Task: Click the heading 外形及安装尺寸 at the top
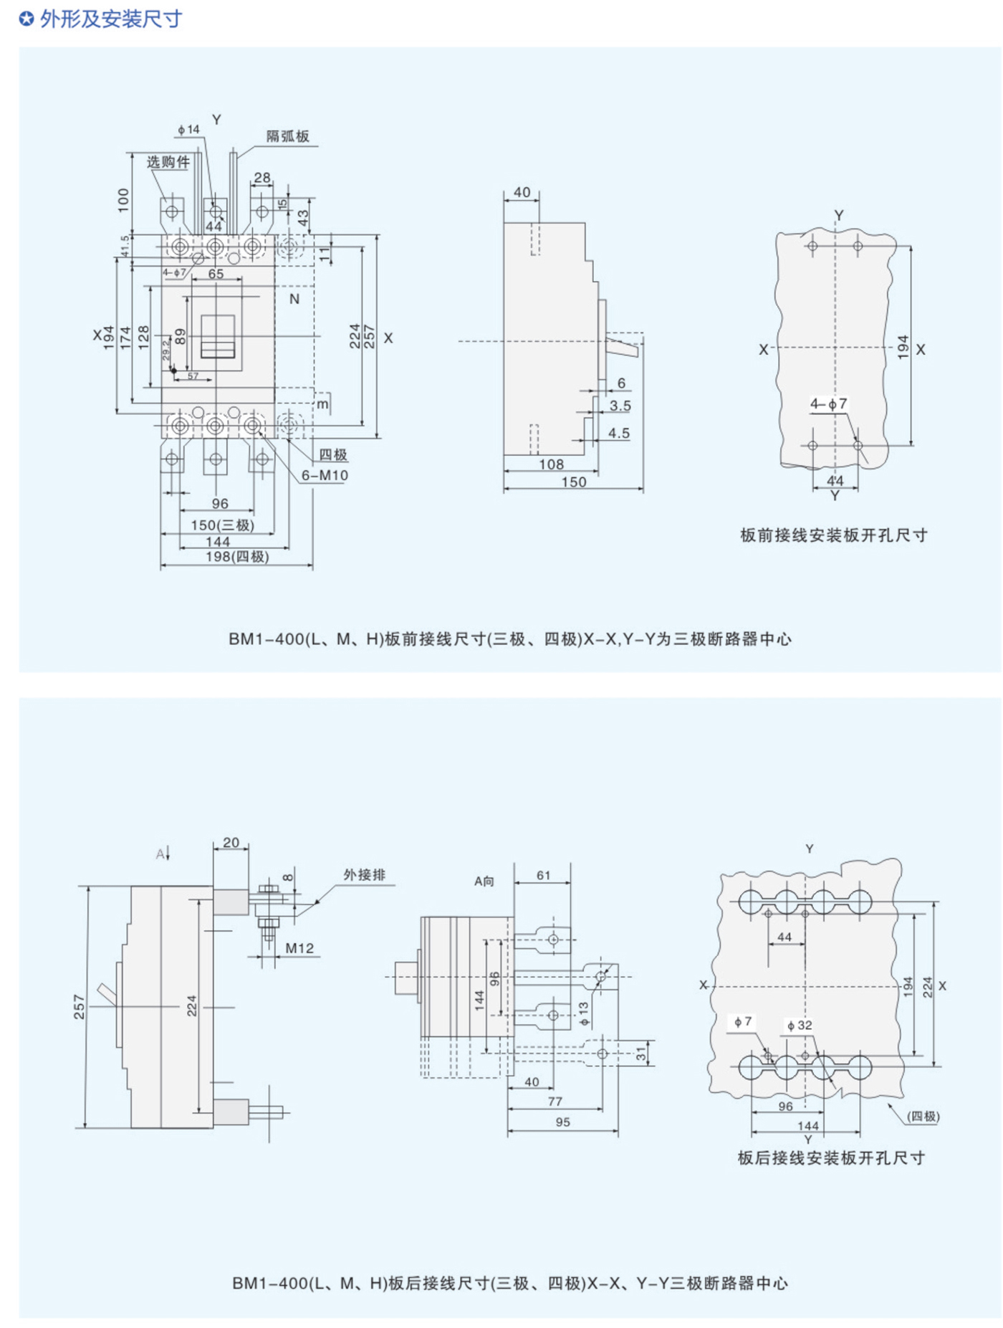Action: [x=110, y=19]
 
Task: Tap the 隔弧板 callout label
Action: [x=287, y=136]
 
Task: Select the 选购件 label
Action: [x=168, y=162]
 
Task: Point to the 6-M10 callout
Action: [x=325, y=475]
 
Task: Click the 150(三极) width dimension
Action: [x=222, y=525]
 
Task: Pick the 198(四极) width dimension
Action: [x=237, y=557]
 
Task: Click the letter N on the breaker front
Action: [x=294, y=299]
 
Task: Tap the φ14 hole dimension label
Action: [x=188, y=130]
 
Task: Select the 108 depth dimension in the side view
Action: [x=551, y=464]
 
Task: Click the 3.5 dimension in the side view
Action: [x=620, y=406]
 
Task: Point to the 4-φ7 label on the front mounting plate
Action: [x=829, y=404]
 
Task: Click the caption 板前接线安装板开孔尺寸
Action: [x=834, y=535]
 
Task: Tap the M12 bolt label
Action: [x=299, y=948]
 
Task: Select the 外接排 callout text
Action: [x=364, y=874]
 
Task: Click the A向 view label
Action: [x=484, y=881]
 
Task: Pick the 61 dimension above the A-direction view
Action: [x=544, y=875]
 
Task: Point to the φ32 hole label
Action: [x=800, y=1026]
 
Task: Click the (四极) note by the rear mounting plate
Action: [x=923, y=1116]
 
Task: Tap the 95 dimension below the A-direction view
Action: [x=563, y=1122]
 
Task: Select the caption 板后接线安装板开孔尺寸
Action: [x=831, y=1158]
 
